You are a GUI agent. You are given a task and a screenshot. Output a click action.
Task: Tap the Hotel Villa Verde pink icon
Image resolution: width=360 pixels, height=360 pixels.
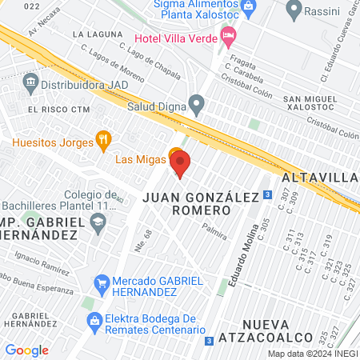point(229,34)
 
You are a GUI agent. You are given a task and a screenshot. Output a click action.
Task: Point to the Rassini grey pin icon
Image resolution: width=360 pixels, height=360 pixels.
point(294,10)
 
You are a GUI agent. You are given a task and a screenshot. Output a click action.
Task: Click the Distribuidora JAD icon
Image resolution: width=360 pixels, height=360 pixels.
point(30,81)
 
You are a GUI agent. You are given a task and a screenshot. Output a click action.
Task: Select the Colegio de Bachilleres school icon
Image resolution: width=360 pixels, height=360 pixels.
point(98,226)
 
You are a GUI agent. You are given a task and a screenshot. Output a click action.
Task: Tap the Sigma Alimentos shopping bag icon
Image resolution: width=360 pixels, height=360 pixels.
point(248,7)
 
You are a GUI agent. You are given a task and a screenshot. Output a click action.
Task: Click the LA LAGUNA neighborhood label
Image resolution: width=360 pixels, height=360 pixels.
point(98,35)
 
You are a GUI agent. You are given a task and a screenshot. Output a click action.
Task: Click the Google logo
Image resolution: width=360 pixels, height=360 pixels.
point(26,350)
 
